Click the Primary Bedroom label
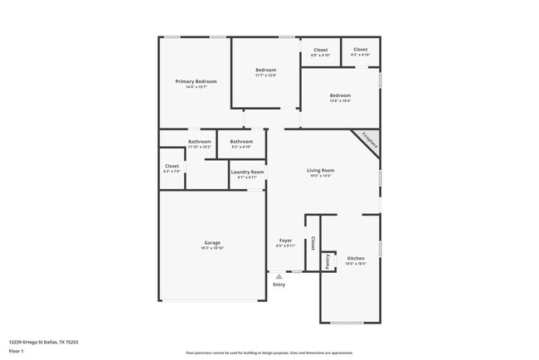[x=196, y=81]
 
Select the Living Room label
[x=320, y=170]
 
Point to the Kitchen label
[x=355, y=258]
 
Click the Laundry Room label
[x=247, y=172]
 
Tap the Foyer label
[x=285, y=241]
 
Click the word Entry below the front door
[x=279, y=285]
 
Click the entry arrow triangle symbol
[x=279, y=275]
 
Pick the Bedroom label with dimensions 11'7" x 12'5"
[x=265, y=70]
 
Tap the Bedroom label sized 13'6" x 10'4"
[x=340, y=95]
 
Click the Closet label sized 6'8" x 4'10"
[x=320, y=50]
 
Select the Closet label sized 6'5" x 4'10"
[x=361, y=50]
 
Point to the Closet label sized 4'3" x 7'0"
[x=172, y=166]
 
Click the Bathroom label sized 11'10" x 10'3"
[x=199, y=142]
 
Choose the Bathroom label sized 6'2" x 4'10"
[x=241, y=142]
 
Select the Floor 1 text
[x=17, y=351]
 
